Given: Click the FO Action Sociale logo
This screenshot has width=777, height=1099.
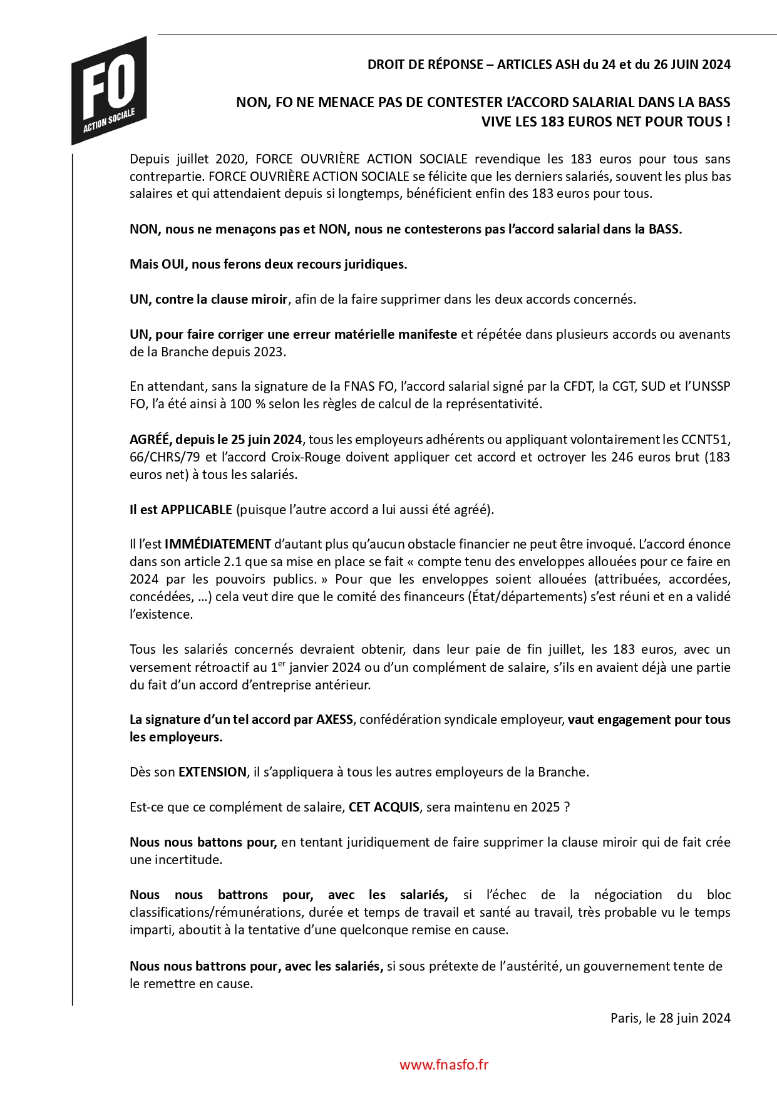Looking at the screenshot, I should (110, 91).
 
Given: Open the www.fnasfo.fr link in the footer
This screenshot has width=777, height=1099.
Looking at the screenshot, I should (444, 1065).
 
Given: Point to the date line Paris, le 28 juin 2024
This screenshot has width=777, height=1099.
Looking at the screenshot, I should (670, 1018).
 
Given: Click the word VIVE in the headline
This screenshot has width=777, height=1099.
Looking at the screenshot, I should (498, 121).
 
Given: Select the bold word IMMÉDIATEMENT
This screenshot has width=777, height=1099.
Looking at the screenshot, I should (218, 544).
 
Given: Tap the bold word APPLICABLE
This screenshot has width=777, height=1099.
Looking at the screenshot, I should (197, 510).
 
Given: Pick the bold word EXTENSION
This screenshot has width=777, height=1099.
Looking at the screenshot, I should (212, 772).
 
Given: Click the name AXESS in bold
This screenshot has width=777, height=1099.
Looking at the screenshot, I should (334, 720).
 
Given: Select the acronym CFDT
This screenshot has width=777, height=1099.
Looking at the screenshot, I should (578, 386).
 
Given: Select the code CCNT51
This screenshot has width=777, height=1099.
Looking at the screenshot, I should (708, 440).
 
